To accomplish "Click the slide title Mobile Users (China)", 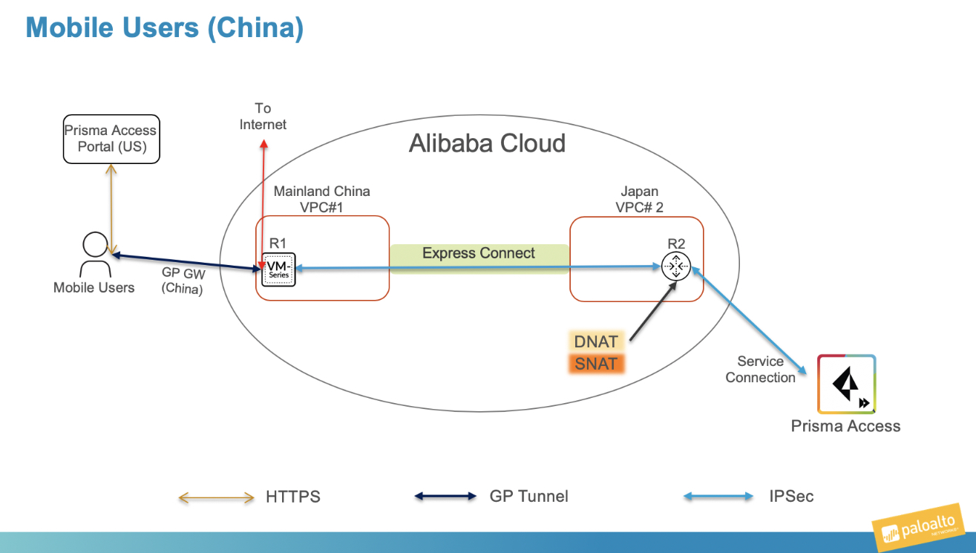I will coord(164,28).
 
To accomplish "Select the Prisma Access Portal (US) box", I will coord(111,139).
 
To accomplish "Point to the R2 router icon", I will coord(675,266).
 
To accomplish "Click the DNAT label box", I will coord(596,341).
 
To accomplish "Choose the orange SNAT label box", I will coord(596,364).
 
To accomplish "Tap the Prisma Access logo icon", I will coord(846,384).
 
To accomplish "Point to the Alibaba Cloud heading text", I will coord(487,143).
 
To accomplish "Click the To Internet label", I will coord(263,117).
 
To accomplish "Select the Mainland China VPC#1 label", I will coord(321,199).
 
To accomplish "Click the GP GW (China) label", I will coord(182,281).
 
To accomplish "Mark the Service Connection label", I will coord(760,369).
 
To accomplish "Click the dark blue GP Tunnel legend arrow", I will coord(445,497).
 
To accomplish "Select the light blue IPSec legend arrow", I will coord(718,497).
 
